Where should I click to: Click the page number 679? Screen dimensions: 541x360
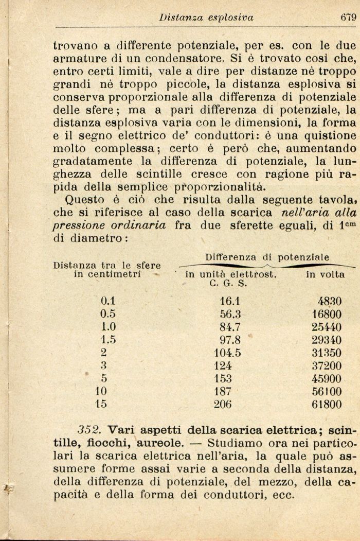point(348,17)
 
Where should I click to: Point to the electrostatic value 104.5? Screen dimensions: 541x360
point(227,353)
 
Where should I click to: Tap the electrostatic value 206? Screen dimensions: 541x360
point(223,404)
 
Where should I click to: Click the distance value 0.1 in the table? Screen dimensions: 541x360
point(109,301)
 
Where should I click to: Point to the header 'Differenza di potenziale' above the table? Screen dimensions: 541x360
point(267,257)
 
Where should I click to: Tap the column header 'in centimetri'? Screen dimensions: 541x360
point(107,275)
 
